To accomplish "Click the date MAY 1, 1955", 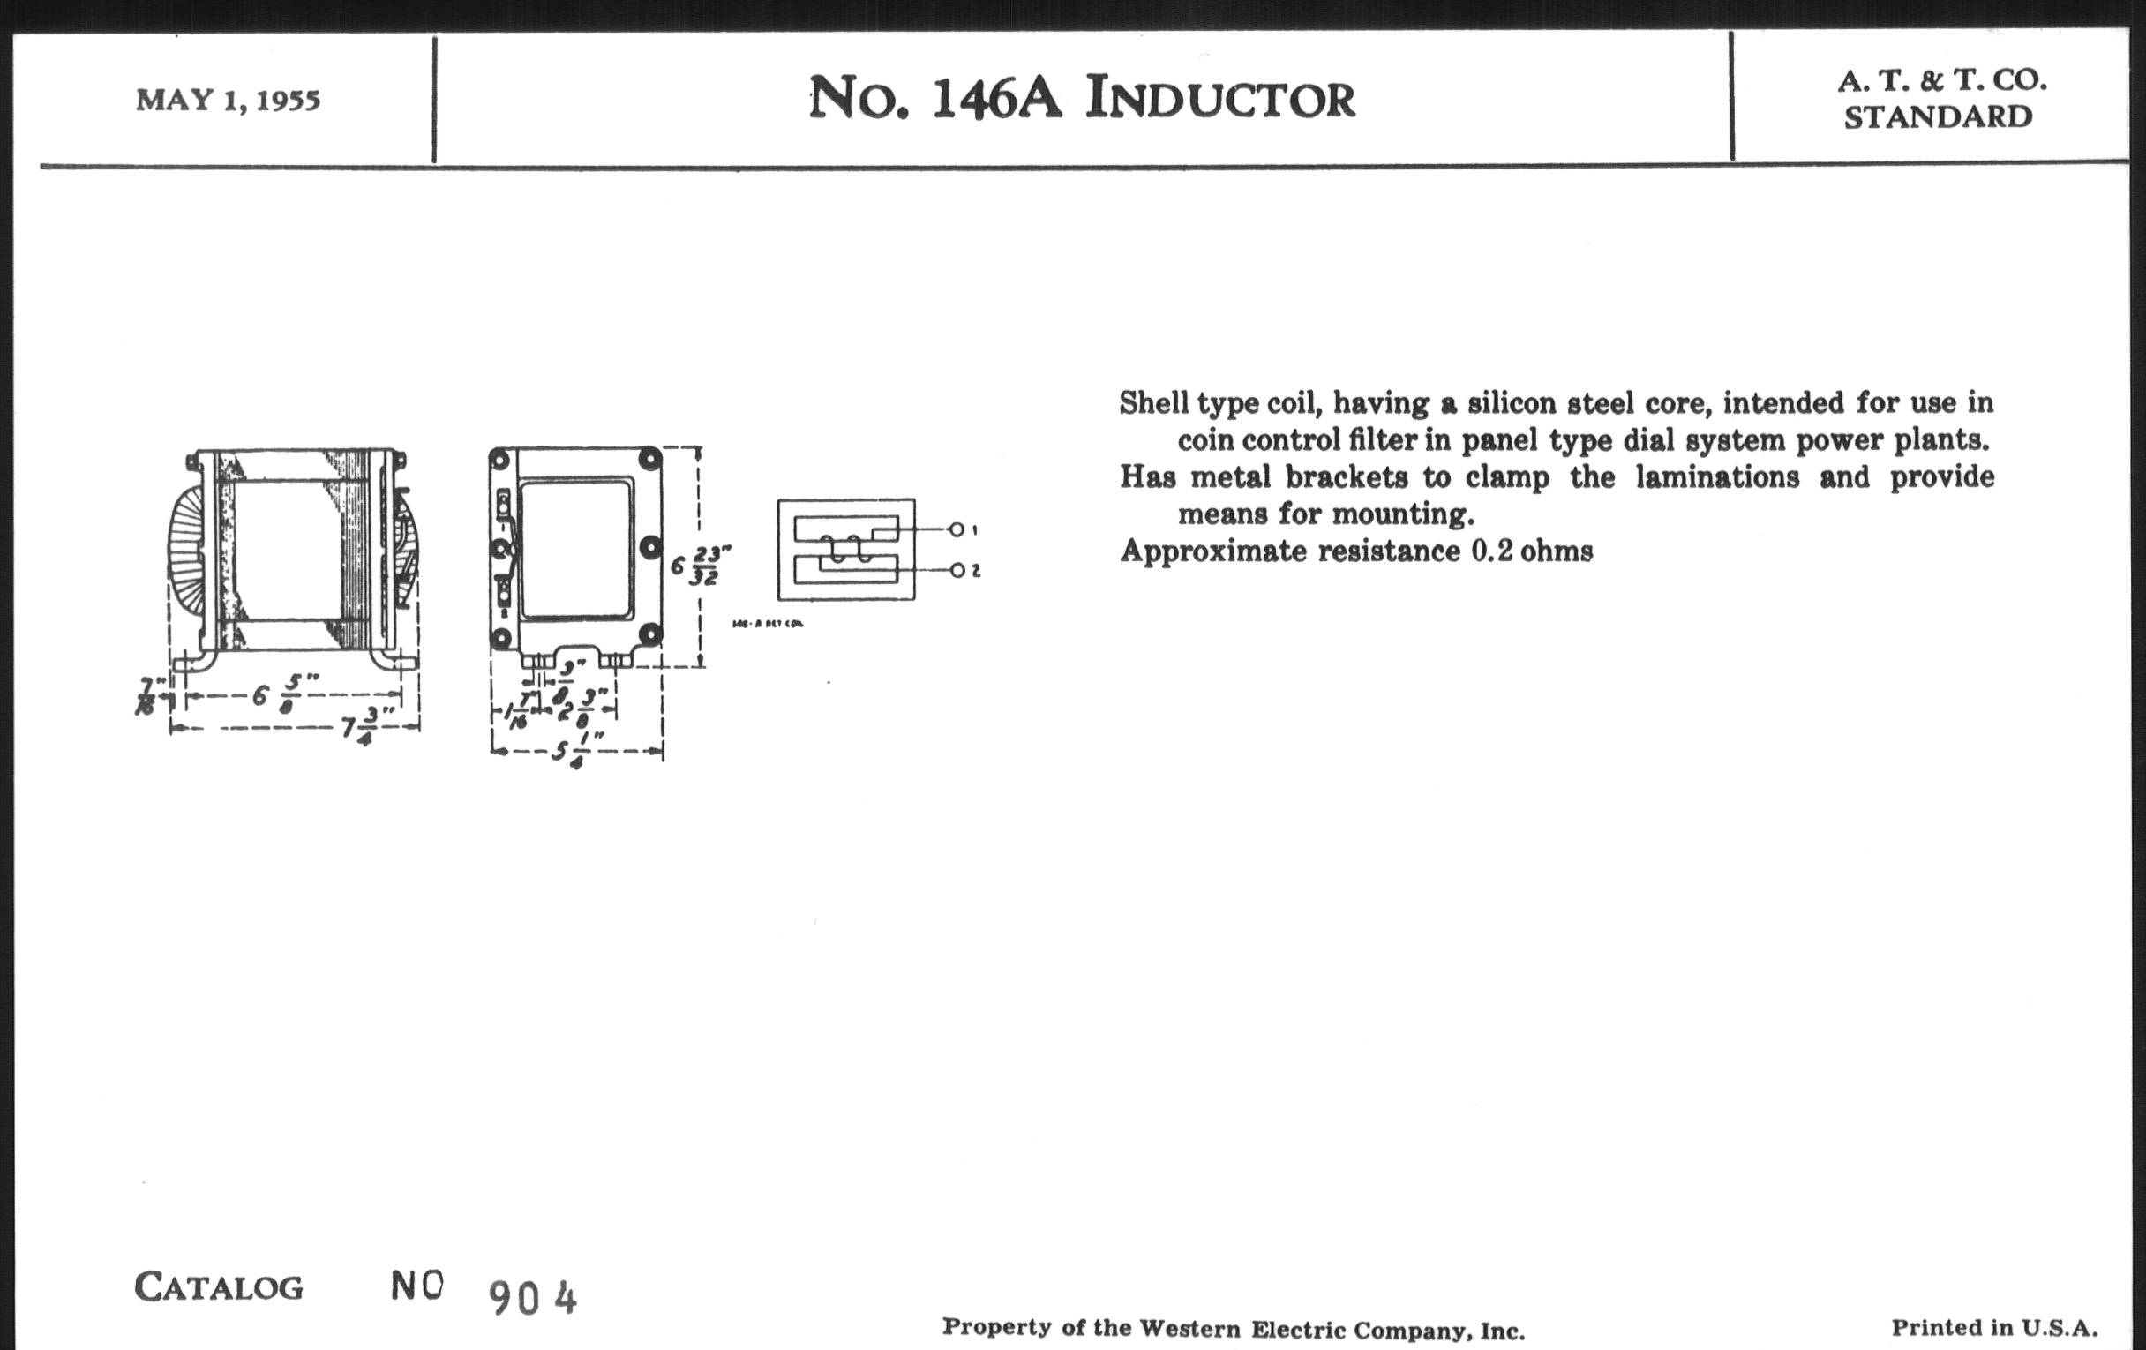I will (228, 100).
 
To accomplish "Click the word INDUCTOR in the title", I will (1220, 99).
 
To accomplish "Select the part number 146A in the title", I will (996, 99).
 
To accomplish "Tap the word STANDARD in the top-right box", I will (1938, 117).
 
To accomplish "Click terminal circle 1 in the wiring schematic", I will (957, 529).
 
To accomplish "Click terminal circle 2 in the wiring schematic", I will (957, 570).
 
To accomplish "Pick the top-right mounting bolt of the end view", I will (650, 460).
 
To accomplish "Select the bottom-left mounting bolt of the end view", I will (500, 637).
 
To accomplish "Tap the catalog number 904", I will (533, 1298).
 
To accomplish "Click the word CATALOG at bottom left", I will (218, 1286).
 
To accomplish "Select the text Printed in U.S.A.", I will (1993, 1328).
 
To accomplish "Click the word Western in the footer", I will (1189, 1329).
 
